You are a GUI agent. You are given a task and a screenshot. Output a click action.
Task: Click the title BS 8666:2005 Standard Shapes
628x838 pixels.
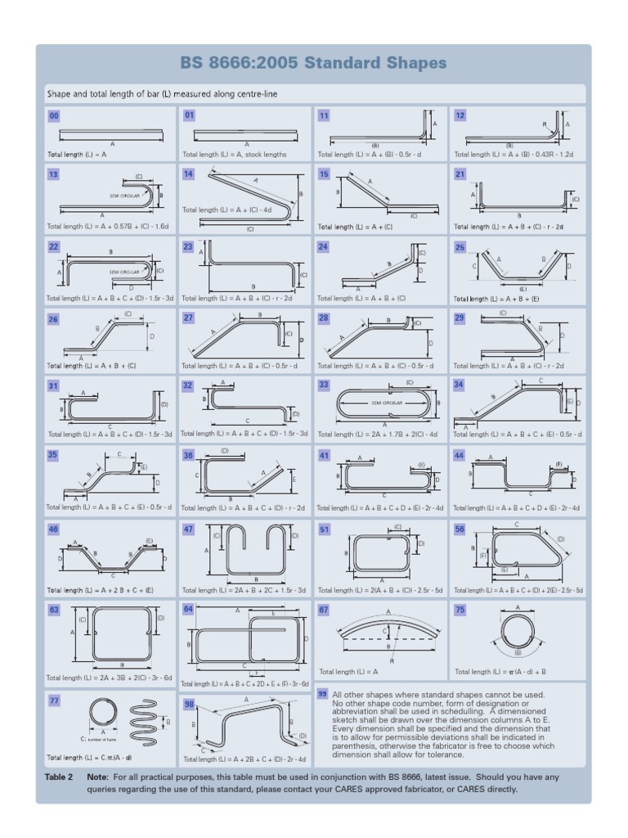[313, 63]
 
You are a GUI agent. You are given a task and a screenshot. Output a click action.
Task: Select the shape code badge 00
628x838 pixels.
[54, 115]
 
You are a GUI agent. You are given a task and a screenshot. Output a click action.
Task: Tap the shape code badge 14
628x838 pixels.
[189, 173]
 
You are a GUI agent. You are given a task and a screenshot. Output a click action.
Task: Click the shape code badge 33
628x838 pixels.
[324, 385]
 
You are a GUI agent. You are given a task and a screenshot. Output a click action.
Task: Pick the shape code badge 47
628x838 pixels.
[189, 529]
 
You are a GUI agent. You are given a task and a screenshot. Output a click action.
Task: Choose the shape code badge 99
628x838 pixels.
[323, 694]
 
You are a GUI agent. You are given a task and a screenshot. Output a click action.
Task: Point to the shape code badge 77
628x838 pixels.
[54, 701]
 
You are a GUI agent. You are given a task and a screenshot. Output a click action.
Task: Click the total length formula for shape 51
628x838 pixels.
[381, 589]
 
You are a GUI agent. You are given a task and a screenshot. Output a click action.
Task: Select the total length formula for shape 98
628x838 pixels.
[244, 759]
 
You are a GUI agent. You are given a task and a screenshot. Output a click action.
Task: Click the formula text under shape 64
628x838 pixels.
[244, 683]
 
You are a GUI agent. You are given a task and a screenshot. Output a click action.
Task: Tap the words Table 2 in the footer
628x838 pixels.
[59, 776]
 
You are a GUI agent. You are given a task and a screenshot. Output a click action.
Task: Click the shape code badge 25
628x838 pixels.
[460, 246]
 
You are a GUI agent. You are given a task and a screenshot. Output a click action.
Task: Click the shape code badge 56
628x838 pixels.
[460, 529]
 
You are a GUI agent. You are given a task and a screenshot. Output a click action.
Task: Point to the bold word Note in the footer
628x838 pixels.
[98, 776]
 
